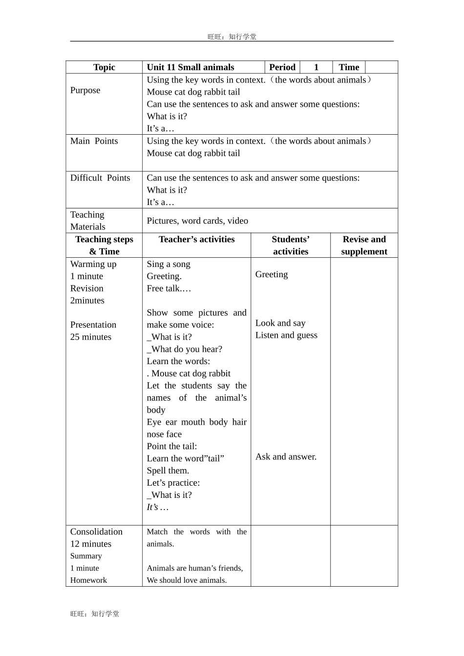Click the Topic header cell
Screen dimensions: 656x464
104,67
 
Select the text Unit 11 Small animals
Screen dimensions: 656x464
190,67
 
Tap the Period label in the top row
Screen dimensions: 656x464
282,67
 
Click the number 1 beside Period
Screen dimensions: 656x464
316,67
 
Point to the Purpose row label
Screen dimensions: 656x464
85,90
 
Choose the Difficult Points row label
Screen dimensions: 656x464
100,178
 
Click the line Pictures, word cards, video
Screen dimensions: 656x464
197,221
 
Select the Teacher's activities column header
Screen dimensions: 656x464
196,239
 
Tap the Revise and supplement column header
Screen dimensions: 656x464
364,245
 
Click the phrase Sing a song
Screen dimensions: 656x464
169,264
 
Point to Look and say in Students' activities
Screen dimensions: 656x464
280,323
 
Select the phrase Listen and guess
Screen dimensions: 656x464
286,335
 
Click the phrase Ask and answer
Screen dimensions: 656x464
286,457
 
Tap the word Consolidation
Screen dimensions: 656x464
96,532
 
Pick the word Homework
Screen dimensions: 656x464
88,580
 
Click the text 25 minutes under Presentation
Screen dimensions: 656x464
91,337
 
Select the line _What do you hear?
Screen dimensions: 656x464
184,349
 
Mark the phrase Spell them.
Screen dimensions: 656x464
168,471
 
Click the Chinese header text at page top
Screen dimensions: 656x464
232,37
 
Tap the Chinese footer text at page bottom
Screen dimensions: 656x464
95,614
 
